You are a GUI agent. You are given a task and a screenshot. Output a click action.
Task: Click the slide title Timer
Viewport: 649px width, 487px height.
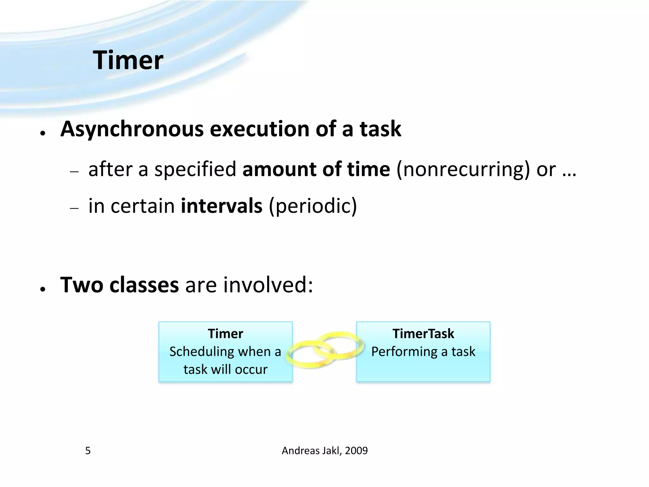click(128, 60)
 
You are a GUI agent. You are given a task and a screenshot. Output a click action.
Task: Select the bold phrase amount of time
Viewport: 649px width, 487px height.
click(316, 169)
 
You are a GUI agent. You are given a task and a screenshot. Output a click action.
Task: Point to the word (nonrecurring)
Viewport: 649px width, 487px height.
click(463, 169)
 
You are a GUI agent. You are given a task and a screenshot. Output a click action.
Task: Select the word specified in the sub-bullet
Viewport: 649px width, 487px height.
click(195, 169)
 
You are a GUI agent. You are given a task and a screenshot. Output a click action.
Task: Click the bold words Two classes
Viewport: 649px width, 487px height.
click(119, 285)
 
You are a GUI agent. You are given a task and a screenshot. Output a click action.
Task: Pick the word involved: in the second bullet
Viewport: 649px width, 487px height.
click(268, 285)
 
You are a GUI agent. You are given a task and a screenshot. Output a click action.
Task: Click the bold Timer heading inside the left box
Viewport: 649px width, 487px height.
click(225, 334)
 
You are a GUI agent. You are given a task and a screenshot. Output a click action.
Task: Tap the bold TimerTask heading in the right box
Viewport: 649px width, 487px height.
click(423, 334)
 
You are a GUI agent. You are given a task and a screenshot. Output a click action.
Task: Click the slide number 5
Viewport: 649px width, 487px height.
click(88, 451)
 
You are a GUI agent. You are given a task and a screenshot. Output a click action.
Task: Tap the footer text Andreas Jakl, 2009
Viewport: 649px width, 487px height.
click(324, 451)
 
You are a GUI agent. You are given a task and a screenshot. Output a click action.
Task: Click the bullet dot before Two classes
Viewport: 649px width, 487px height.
click(42, 289)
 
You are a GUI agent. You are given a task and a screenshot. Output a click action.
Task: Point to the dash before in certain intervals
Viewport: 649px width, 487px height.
click(74, 209)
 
